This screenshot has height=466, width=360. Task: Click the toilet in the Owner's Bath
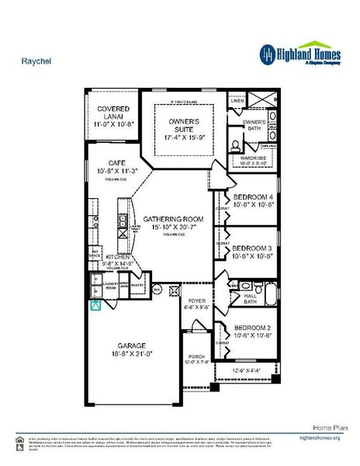(x=236, y=144)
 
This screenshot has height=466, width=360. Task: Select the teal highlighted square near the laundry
(x=95, y=304)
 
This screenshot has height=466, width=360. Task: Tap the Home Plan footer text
(x=325, y=427)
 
